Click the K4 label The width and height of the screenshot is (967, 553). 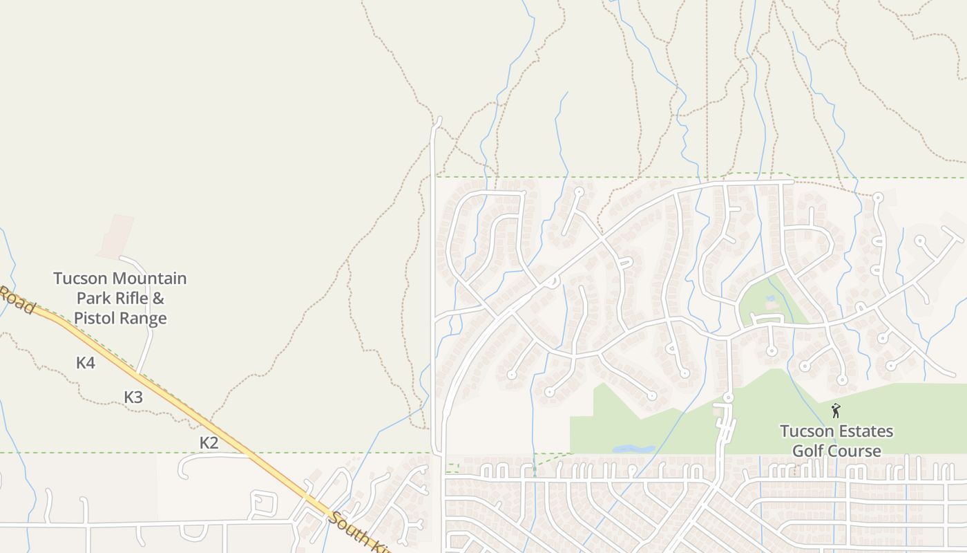coord(86,362)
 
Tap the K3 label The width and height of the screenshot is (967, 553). coord(133,397)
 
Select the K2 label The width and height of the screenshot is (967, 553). coord(209,442)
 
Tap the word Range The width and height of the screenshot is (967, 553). coord(144,318)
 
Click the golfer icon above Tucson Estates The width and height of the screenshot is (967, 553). coord(836,411)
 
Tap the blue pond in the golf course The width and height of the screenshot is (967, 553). coord(633,449)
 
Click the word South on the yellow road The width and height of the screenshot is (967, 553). coord(348,527)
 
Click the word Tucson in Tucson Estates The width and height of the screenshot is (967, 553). coord(805,431)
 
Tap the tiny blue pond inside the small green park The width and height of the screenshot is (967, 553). coord(771,299)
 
